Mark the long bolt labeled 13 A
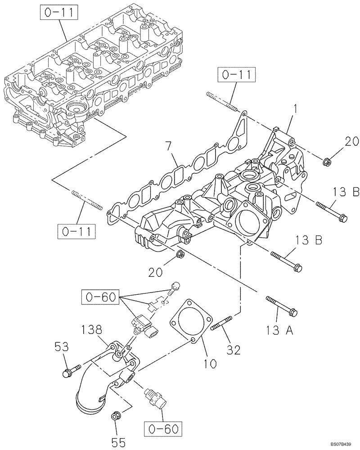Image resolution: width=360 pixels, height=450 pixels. pos(281,306)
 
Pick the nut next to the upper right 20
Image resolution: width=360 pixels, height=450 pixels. pos(328,160)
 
